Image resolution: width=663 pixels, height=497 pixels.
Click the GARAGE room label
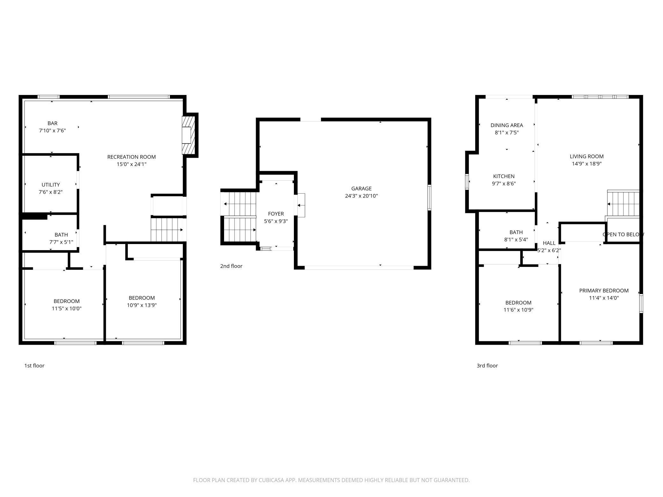coord(361,189)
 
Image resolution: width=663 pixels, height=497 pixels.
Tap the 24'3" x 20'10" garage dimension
coord(361,196)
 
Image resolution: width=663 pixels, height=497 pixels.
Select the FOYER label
coord(276,214)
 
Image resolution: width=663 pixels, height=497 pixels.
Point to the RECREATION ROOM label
coord(131,157)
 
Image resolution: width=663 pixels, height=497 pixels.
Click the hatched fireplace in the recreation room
coord(188,135)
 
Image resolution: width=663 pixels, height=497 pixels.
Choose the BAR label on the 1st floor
coord(52,123)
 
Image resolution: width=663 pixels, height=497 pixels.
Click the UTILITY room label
coord(51,185)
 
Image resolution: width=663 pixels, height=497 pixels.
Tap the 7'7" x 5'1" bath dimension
coord(61,242)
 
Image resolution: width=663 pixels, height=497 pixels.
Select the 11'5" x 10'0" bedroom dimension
coord(67,308)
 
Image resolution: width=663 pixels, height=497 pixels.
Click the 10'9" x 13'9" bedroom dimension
coord(142,305)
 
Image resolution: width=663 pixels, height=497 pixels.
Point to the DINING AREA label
coord(506,125)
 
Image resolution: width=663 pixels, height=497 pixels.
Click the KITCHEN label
coord(504,176)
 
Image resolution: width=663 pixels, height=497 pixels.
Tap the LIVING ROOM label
coord(586,156)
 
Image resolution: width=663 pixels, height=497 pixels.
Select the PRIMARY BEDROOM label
coord(604,291)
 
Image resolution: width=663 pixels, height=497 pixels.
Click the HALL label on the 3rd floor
coord(549,243)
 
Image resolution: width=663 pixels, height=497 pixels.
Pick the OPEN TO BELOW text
coord(623,234)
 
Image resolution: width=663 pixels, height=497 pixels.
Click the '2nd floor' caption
coord(231,266)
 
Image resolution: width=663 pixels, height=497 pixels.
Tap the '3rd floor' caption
coord(487,366)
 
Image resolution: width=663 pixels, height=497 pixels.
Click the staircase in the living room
coord(623,204)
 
